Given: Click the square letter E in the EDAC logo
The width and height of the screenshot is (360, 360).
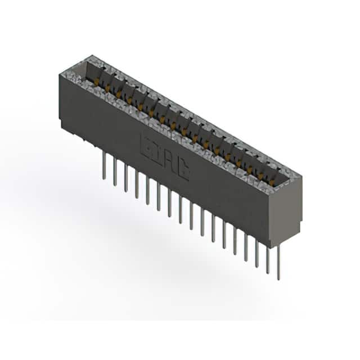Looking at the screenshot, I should [x=145, y=144].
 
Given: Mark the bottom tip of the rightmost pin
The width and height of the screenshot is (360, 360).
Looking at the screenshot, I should [x=278, y=279].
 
